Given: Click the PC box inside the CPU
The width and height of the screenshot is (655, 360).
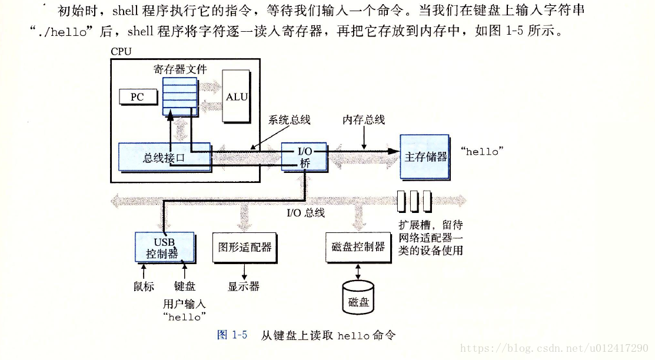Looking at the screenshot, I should [138, 96].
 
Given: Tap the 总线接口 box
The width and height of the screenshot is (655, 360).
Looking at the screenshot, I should [164, 157].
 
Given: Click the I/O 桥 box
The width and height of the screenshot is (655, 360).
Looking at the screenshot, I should [304, 157].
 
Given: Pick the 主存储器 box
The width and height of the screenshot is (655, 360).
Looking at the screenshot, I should [425, 156].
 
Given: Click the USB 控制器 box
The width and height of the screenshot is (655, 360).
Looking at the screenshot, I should [164, 248].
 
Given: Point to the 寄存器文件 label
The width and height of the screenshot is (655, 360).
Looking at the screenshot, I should [181, 69].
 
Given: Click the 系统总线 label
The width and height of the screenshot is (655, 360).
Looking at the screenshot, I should [290, 120].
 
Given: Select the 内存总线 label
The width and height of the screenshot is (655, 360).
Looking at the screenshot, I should [364, 120].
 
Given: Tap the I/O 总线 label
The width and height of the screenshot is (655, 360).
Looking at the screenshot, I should [305, 212].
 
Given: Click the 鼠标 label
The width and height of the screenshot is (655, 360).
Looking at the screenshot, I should [144, 286].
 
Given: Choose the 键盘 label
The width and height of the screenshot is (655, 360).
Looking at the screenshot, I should [185, 286].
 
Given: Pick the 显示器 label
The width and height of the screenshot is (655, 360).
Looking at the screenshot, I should [244, 286].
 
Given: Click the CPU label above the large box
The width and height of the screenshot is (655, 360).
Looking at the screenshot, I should [121, 51].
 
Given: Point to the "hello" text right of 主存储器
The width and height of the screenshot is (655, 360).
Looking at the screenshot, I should [482, 152].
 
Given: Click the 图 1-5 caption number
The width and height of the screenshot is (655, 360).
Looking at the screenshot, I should [231, 335].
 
